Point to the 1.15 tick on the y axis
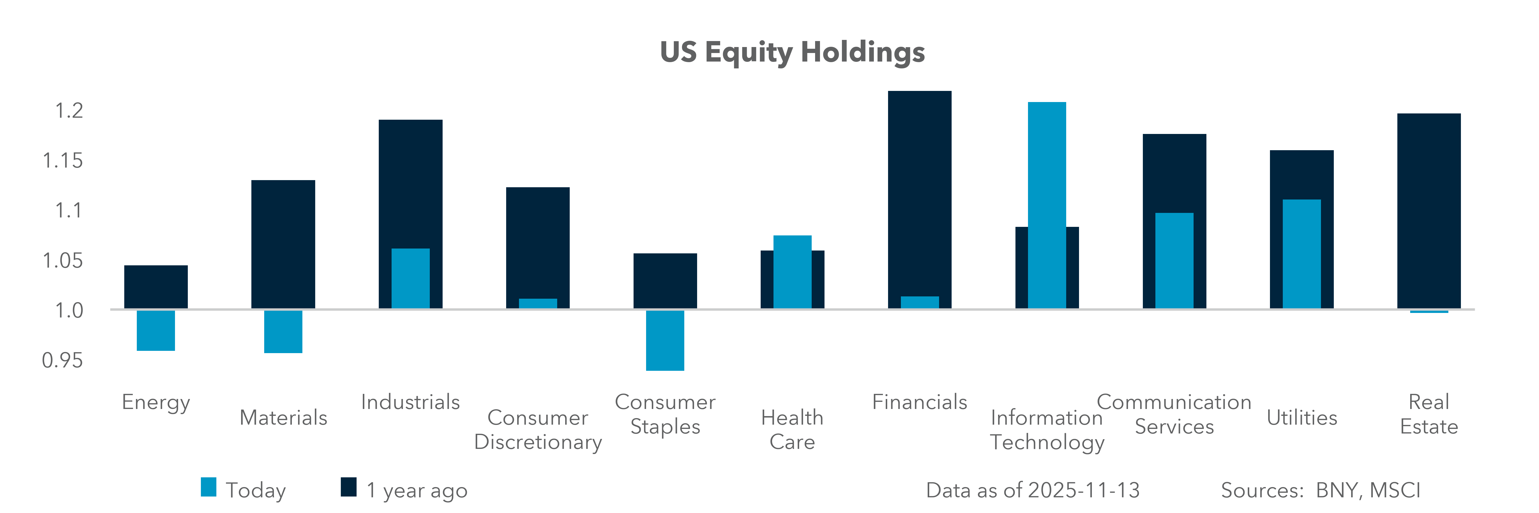point(63,161)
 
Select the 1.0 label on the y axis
point(69,311)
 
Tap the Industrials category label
point(410,402)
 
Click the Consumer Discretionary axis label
point(538,429)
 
